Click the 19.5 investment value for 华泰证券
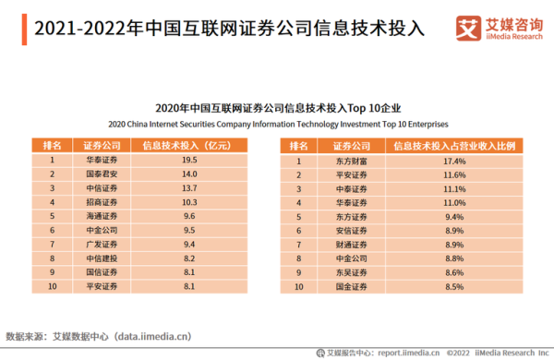(x=190, y=161)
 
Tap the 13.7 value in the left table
(x=190, y=187)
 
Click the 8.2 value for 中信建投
(x=190, y=259)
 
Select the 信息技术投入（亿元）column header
(x=190, y=145)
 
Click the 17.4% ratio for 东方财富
(x=453, y=161)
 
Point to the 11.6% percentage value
(x=453, y=174)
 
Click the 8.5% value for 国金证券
(x=453, y=287)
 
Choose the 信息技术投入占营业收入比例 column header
(x=453, y=145)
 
